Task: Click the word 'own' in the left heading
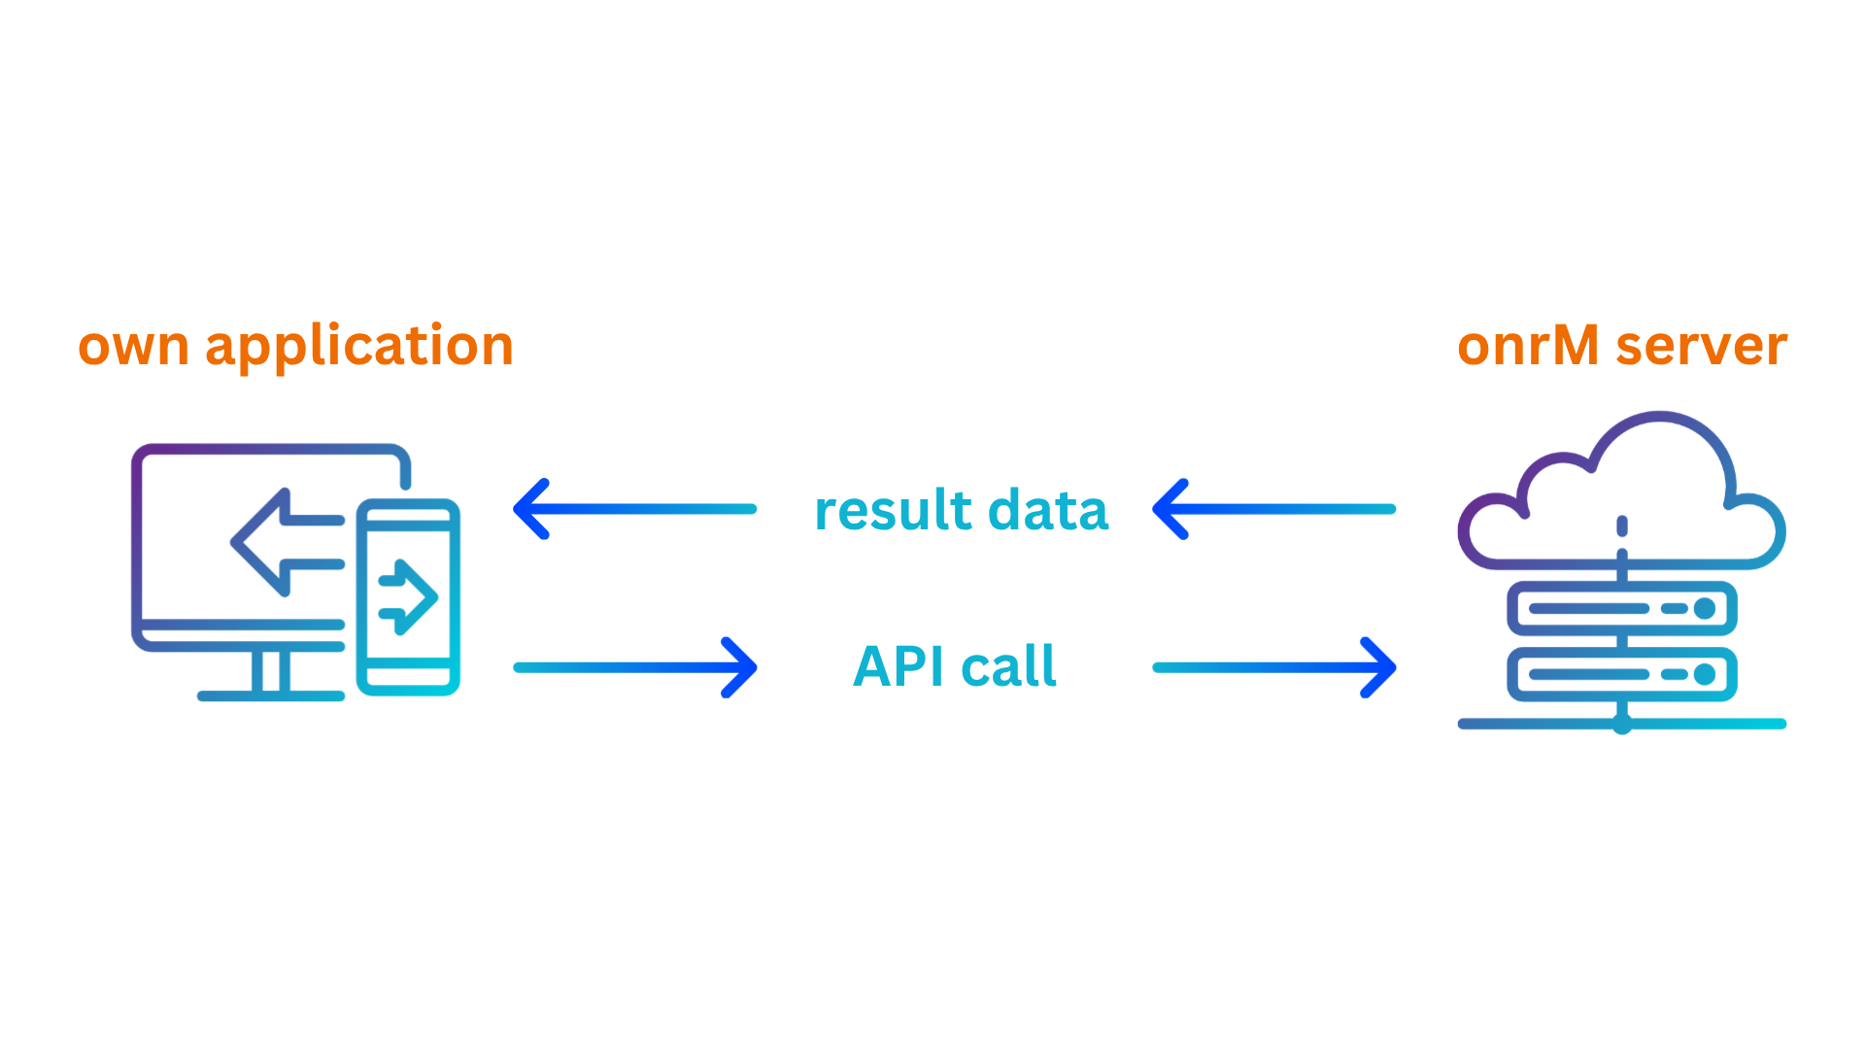click(133, 347)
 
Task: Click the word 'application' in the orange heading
click(359, 347)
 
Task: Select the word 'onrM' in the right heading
click(1528, 347)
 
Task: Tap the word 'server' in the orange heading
click(1702, 347)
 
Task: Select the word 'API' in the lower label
click(899, 667)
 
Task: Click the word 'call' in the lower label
click(1008, 667)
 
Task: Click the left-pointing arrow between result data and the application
click(633, 509)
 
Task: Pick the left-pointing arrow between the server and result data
click(1272, 509)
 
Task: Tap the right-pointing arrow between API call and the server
click(1274, 667)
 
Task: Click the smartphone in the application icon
click(408, 596)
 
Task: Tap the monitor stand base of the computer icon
click(271, 694)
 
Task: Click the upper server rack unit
click(1621, 609)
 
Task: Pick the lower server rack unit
click(1621, 674)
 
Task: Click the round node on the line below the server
click(1621, 724)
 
